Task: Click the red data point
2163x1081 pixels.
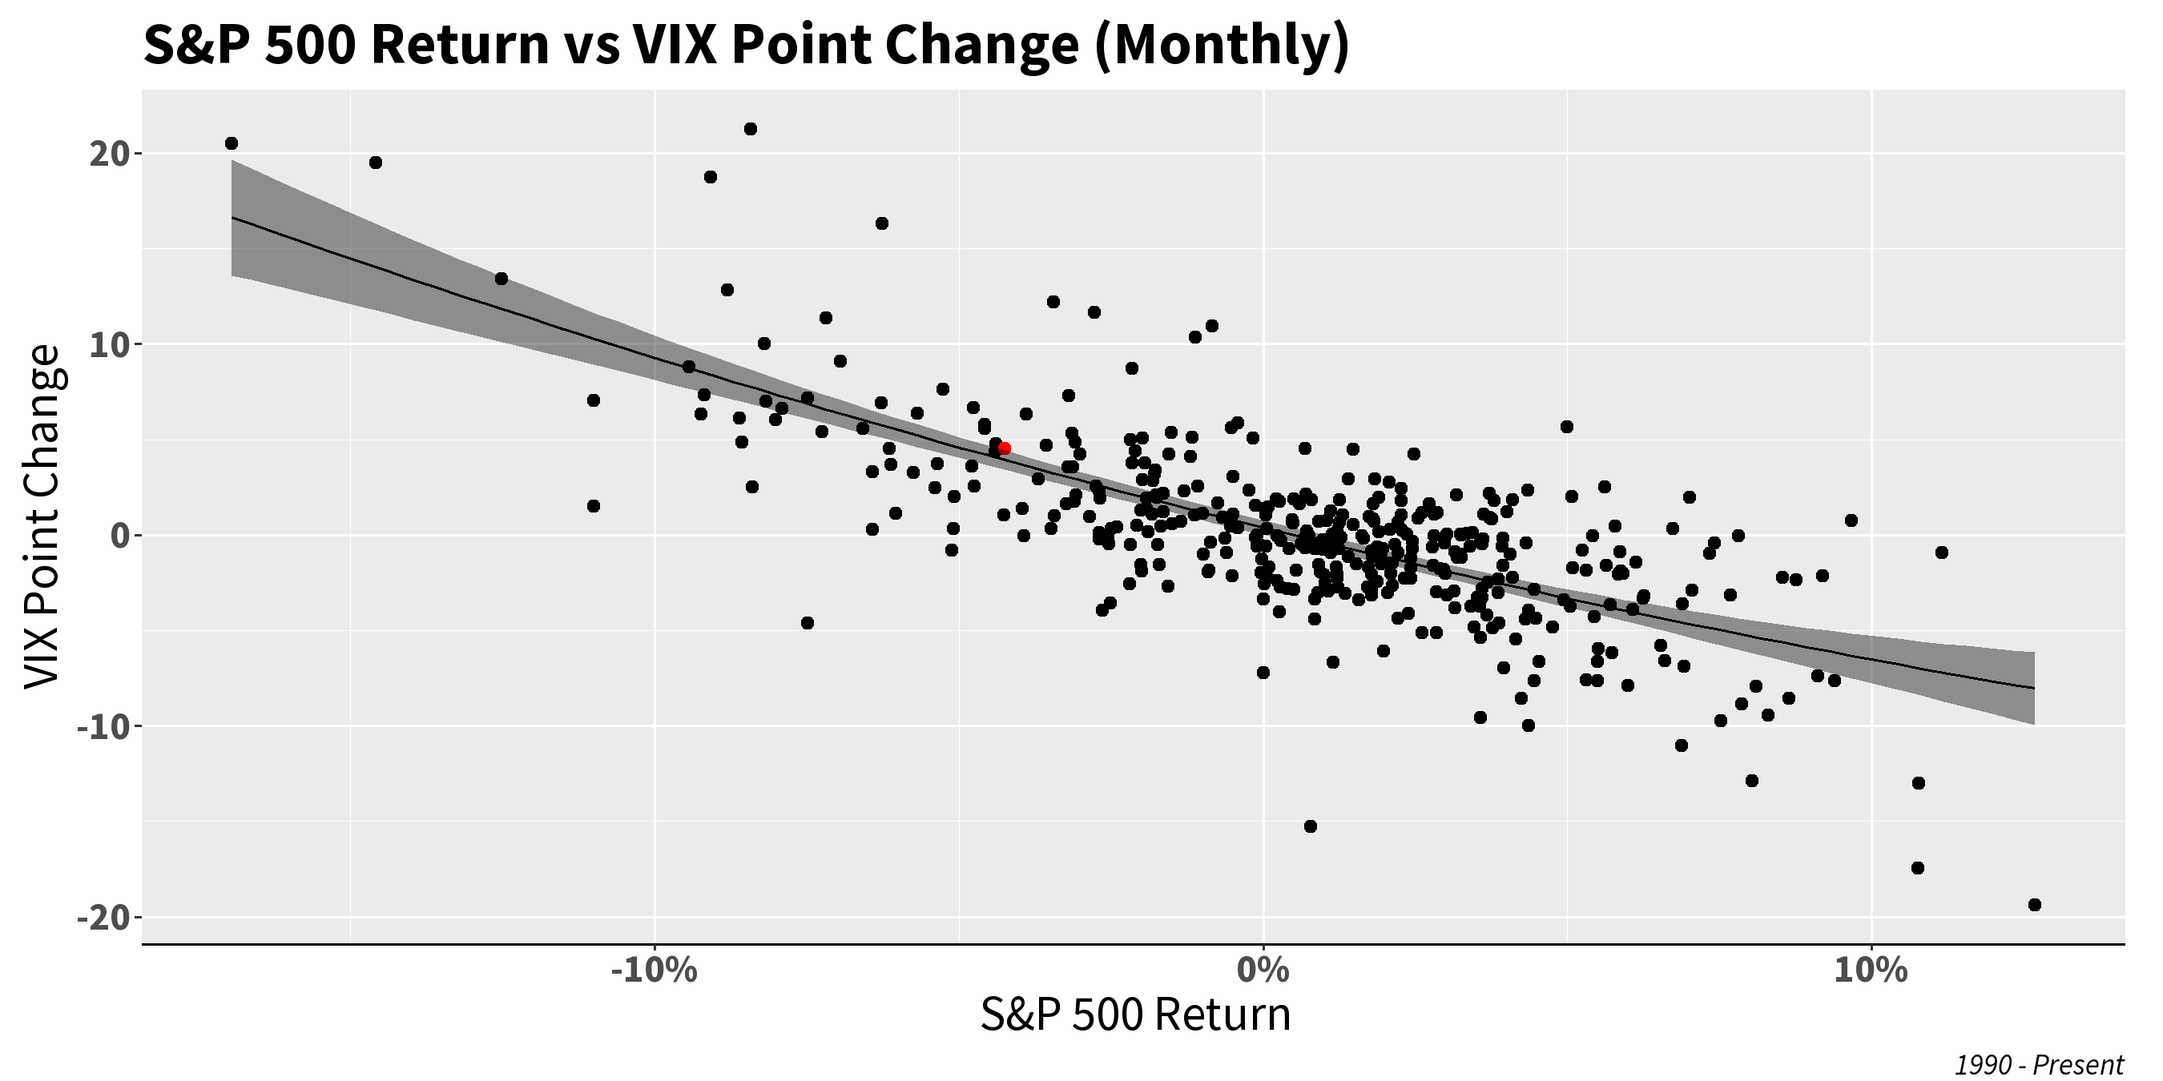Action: pos(1005,448)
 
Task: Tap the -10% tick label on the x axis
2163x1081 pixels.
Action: pos(654,972)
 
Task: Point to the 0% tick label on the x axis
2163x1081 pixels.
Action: pos(1263,972)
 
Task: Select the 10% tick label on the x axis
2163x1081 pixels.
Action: pos(1871,972)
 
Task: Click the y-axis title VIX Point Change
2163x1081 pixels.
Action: pos(42,517)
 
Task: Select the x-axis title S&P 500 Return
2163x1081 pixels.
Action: pos(1134,1015)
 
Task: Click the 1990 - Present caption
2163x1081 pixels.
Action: pos(2039,1065)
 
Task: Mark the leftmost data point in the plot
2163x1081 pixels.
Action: pos(232,143)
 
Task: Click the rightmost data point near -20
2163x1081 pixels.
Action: pos(2035,905)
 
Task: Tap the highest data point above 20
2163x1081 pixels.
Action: pos(751,129)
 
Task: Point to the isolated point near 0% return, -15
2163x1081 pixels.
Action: pos(1310,826)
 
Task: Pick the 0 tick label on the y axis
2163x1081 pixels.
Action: pos(118,536)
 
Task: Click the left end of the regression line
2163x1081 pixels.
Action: pos(232,217)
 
